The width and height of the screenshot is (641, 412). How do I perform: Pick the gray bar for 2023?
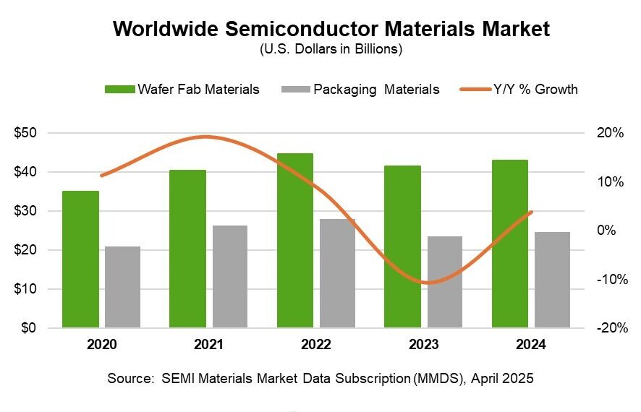point(444,282)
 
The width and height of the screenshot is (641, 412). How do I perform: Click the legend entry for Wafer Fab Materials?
point(182,90)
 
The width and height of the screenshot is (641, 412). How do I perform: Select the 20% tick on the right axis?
point(611,133)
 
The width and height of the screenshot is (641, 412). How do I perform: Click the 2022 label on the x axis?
point(317,345)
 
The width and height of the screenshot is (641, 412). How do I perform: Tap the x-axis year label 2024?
point(532,345)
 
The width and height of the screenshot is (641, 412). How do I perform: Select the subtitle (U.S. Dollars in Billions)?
point(320,50)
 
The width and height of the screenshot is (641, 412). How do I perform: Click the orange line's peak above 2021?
point(207,137)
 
